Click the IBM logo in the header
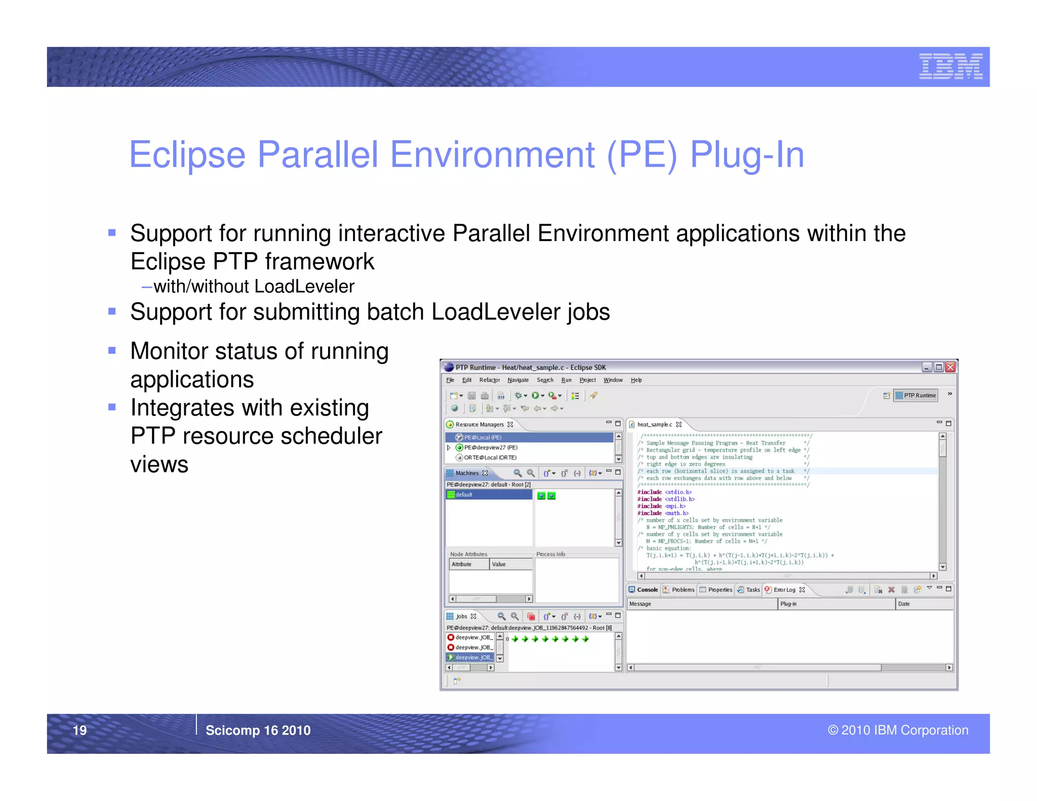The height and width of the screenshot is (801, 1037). tap(950, 67)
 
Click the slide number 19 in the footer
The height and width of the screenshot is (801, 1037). tap(80, 730)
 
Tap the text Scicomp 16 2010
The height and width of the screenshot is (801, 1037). tap(258, 730)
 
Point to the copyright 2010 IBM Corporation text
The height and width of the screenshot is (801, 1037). tap(898, 730)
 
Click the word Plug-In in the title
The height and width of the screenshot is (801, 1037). tap(747, 155)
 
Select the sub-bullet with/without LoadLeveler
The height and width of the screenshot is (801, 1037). tap(253, 287)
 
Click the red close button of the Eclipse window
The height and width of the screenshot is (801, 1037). tap(950, 367)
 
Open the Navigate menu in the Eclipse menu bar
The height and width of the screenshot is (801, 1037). tap(517, 380)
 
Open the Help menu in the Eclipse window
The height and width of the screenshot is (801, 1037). tap(636, 380)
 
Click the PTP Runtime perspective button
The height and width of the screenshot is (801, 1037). tap(916, 395)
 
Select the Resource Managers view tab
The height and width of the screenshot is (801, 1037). tap(479, 424)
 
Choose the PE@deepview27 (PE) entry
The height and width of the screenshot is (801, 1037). tap(490, 448)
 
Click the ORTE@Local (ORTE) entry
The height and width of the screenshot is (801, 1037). tap(490, 458)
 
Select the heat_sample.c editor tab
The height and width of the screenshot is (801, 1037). tap(654, 424)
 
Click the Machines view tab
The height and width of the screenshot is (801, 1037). tap(466, 473)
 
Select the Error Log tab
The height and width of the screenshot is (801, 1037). tap(784, 590)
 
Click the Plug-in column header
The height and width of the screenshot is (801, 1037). tap(788, 604)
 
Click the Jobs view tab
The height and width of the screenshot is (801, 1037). tap(461, 616)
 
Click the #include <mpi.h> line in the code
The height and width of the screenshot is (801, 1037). tap(661, 506)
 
